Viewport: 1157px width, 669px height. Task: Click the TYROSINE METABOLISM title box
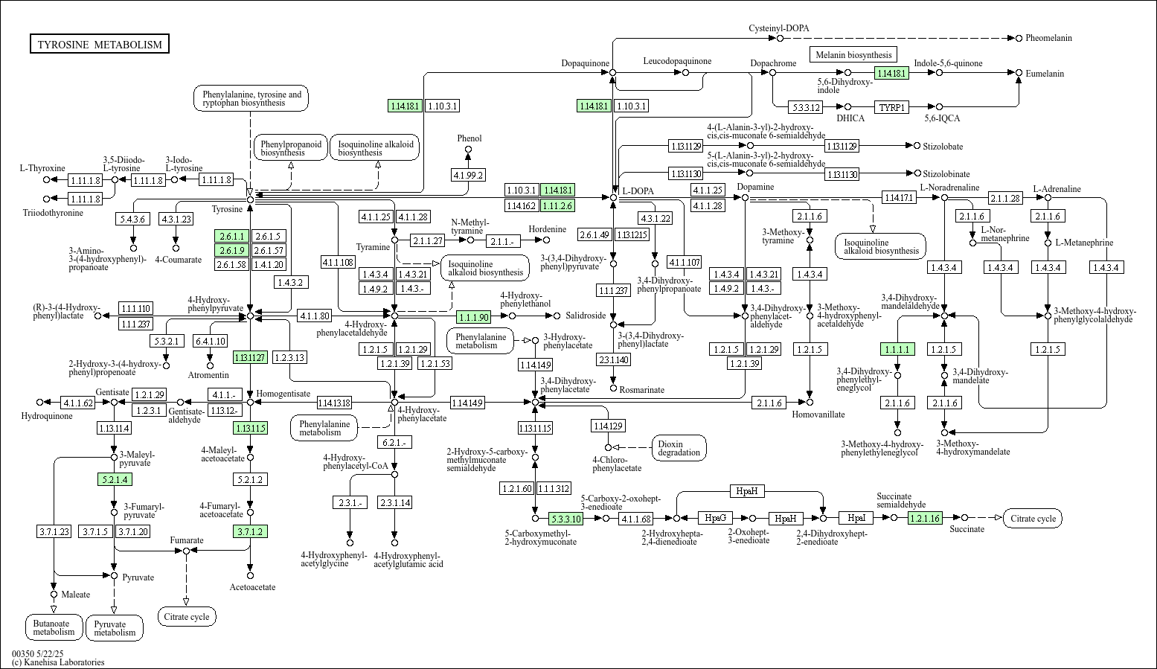point(100,45)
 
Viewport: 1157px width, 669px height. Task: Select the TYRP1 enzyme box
point(892,107)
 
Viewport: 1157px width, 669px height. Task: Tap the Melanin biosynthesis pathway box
point(853,54)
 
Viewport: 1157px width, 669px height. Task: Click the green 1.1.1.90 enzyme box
point(474,317)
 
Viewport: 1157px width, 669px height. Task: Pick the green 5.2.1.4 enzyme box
point(114,479)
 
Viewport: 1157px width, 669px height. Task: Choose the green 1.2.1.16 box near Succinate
point(925,518)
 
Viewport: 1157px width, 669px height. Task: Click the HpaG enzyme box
point(715,518)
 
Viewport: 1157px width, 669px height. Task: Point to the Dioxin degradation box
point(679,448)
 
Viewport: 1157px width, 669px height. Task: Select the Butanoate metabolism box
point(54,628)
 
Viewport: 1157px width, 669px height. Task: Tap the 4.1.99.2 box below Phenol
point(468,175)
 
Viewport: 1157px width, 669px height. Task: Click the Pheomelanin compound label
point(1048,38)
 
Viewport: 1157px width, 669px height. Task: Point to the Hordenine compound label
point(548,229)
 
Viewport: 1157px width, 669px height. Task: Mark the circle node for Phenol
point(468,150)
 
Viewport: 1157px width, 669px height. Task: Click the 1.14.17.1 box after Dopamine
point(899,197)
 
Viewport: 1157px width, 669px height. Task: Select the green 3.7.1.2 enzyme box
point(250,531)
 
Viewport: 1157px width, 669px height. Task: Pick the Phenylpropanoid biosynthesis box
point(291,148)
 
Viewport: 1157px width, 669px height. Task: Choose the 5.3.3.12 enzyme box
point(806,107)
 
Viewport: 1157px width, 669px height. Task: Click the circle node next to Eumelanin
point(1019,72)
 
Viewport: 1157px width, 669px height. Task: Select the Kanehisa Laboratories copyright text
point(58,662)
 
